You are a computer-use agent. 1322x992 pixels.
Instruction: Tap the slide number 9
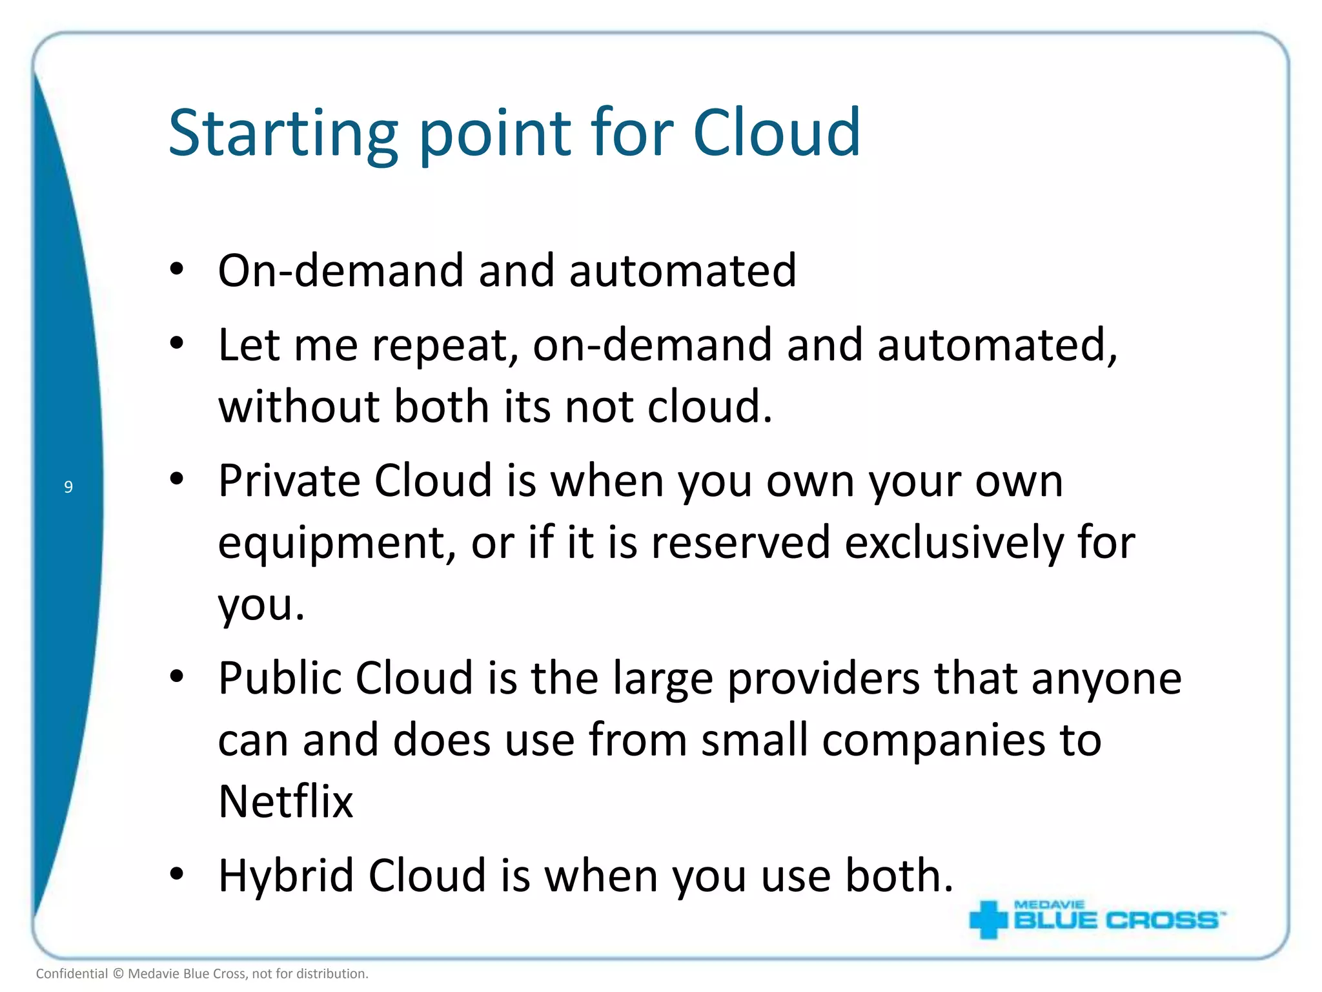pyautogui.click(x=68, y=487)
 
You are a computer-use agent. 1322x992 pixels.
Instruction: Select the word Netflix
pyautogui.click(x=286, y=801)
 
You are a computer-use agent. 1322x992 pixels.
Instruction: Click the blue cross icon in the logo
pyautogui.click(x=988, y=919)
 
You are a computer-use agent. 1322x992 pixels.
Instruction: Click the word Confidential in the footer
pyautogui.click(x=72, y=974)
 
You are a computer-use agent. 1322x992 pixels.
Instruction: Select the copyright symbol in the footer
pyautogui.click(x=118, y=974)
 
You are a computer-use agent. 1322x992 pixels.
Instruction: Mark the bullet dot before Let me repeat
pyautogui.click(x=177, y=344)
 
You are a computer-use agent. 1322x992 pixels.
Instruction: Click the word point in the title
pyautogui.click(x=495, y=134)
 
